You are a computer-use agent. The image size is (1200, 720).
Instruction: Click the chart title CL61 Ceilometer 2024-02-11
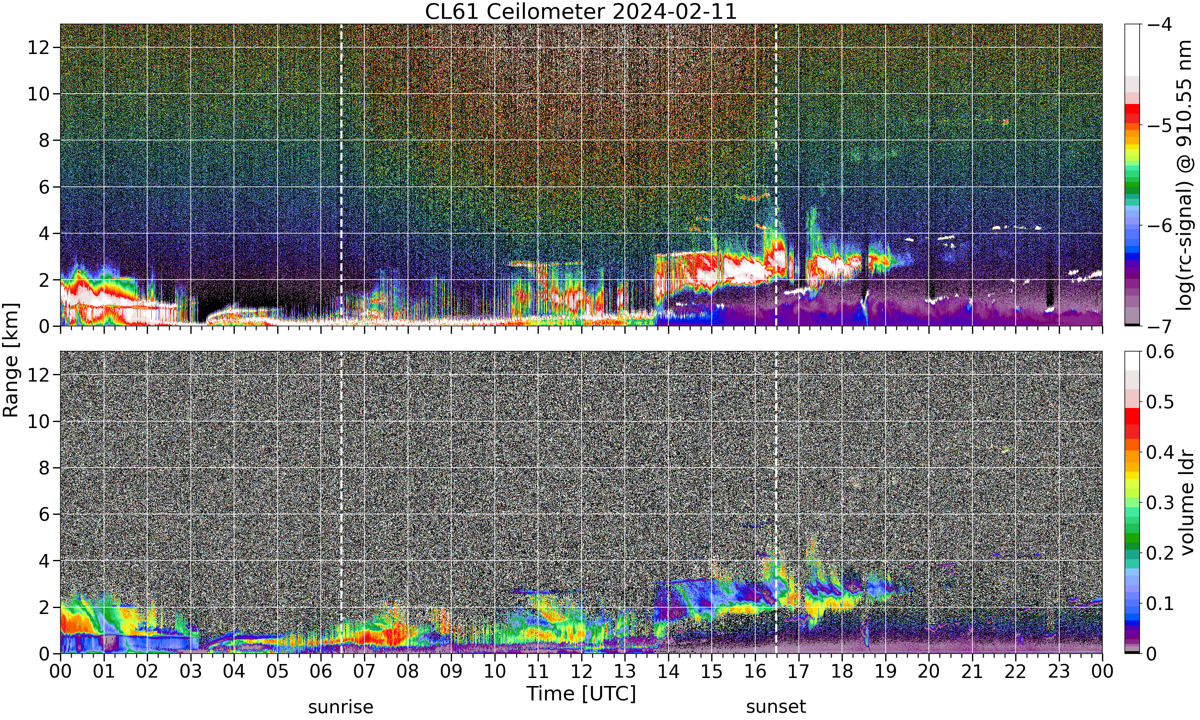tap(580, 11)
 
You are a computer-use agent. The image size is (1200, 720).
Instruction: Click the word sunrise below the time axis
tap(340, 706)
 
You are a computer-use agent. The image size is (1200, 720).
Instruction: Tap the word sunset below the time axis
tap(776, 706)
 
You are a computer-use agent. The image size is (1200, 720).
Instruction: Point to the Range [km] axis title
tap(11, 360)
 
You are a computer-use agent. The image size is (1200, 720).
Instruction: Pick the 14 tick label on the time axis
tap(668, 672)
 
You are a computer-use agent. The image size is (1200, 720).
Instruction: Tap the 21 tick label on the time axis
tap(972, 672)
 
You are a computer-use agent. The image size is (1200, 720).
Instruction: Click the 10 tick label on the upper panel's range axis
tap(38, 94)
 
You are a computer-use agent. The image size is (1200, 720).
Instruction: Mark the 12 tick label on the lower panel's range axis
tap(38, 374)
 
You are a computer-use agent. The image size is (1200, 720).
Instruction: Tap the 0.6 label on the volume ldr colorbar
tap(1160, 351)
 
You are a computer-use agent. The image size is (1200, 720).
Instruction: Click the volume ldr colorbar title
tap(1186, 503)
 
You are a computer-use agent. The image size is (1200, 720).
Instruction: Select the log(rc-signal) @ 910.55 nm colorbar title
tap(1185, 175)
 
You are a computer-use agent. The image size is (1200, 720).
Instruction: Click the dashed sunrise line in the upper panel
tap(341, 175)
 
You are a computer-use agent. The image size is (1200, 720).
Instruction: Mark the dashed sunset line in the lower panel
tap(776, 502)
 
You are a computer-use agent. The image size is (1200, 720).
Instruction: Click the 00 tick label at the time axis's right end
tap(1102, 672)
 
